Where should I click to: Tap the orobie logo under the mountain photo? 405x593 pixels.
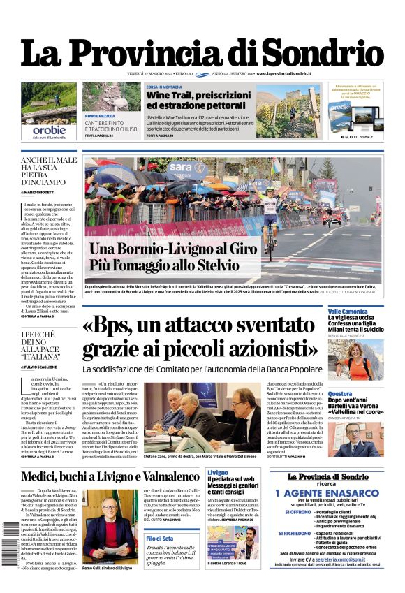click(49, 129)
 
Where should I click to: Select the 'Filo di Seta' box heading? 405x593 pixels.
click(160, 539)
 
